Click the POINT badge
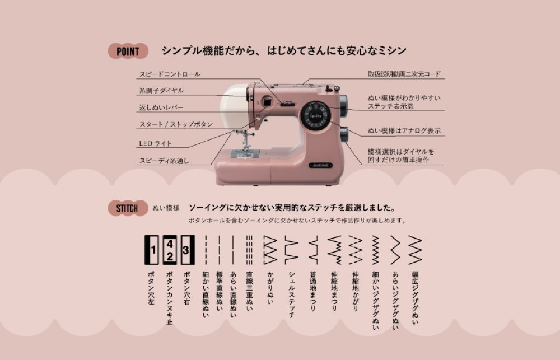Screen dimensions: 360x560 (128, 52)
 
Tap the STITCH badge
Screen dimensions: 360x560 (127, 208)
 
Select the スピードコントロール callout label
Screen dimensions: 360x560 (170, 74)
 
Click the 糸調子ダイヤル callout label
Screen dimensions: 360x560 (161, 91)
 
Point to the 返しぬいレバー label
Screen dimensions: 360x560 (161, 107)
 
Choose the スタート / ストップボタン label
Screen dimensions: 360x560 (176, 124)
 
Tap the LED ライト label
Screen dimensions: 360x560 (156, 143)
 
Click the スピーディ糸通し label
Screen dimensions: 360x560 (164, 161)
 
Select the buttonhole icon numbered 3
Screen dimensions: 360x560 (188, 250)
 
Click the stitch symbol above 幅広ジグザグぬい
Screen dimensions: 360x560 (415, 250)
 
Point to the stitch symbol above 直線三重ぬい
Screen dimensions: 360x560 (249, 250)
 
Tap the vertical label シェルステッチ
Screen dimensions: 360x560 (292, 294)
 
